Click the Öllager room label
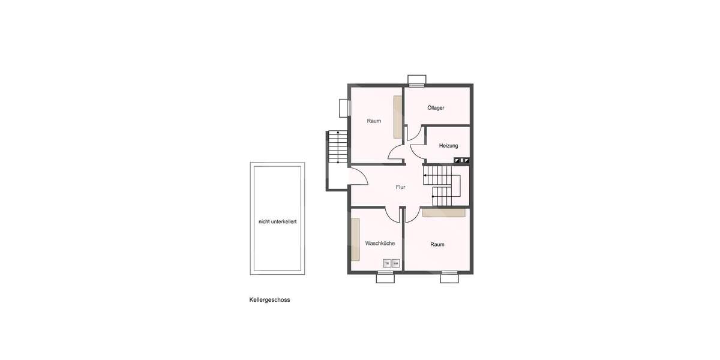click(436, 108)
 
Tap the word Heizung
click(448, 146)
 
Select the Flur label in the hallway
click(400, 187)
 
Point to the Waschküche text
click(380, 243)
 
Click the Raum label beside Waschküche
click(437, 244)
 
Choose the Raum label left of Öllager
click(374, 121)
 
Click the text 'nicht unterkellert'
click(277, 221)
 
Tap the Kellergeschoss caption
click(269, 300)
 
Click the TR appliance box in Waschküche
click(387, 263)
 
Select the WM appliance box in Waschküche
click(395, 263)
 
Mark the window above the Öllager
click(416, 80)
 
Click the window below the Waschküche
click(385, 277)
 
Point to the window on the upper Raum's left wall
click(344, 108)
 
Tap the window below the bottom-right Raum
click(449, 277)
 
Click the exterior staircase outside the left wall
click(338, 147)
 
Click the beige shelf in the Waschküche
click(355, 239)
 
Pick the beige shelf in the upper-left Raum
click(397, 116)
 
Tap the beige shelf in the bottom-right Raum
click(443, 212)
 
